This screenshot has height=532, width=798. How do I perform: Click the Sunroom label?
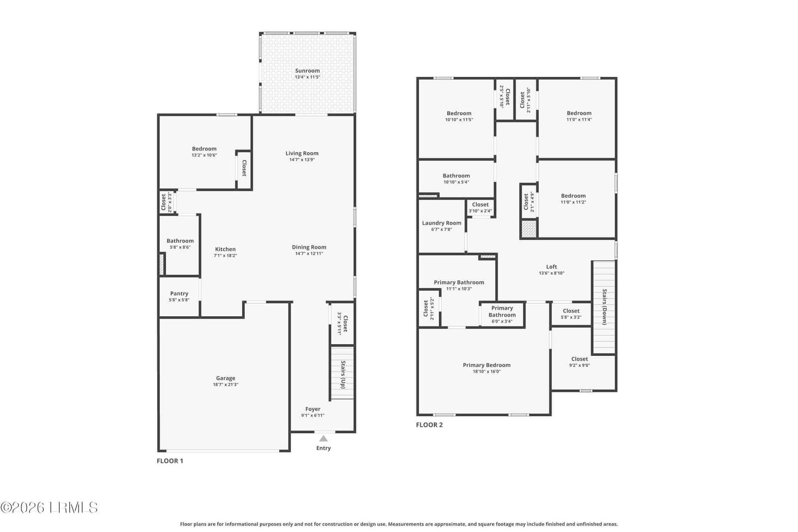pos(307,70)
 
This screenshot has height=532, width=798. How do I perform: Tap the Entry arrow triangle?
pos(324,438)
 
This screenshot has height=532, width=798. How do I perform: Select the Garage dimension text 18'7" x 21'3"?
pos(225,384)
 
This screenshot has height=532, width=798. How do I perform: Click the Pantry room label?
pos(179,293)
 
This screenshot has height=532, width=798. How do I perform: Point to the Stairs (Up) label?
pos(343,374)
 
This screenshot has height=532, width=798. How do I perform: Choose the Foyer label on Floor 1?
pos(313,409)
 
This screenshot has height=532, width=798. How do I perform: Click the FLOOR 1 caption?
pos(170,461)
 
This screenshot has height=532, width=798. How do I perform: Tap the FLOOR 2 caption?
pos(429,424)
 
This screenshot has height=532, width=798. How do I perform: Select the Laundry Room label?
pos(442,223)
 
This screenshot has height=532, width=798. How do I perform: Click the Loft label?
pos(552,267)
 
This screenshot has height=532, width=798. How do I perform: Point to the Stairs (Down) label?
pos(604,307)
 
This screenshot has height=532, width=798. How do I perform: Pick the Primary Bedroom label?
pos(487,365)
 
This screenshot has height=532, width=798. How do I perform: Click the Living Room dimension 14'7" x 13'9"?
pos(302,160)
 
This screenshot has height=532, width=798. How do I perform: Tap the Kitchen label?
pos(225,249)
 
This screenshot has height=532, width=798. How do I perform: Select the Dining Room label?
pos(309,247)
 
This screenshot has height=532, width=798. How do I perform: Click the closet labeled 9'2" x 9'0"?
pos(580,359)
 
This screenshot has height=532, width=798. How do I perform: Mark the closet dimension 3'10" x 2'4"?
pos(480,211)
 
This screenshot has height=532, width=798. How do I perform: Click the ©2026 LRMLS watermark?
pos(49,508)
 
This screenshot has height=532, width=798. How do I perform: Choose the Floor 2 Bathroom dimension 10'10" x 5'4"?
pos(456,182)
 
